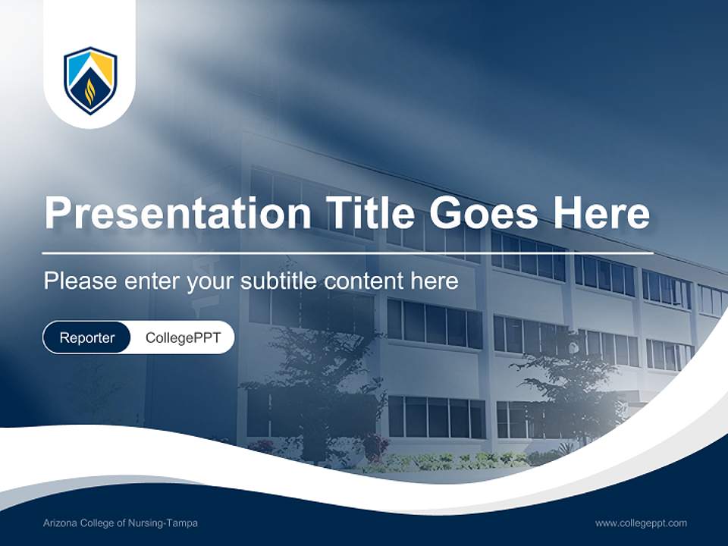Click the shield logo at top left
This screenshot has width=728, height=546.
[x=90, y=80]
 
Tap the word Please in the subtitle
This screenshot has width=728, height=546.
[x=77, y=281]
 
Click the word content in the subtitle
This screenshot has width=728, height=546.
[x=365, y=281]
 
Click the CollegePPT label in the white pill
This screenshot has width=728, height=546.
[x=183, y=337]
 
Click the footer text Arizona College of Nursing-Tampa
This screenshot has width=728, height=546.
[x=121, y=522]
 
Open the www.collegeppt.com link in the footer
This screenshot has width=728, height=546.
[x=641, y=522]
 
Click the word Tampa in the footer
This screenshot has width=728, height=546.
[x=183, y=522]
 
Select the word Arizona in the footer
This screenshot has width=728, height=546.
[x=60, y=522]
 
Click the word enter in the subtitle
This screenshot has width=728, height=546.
[x=142, y=281]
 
